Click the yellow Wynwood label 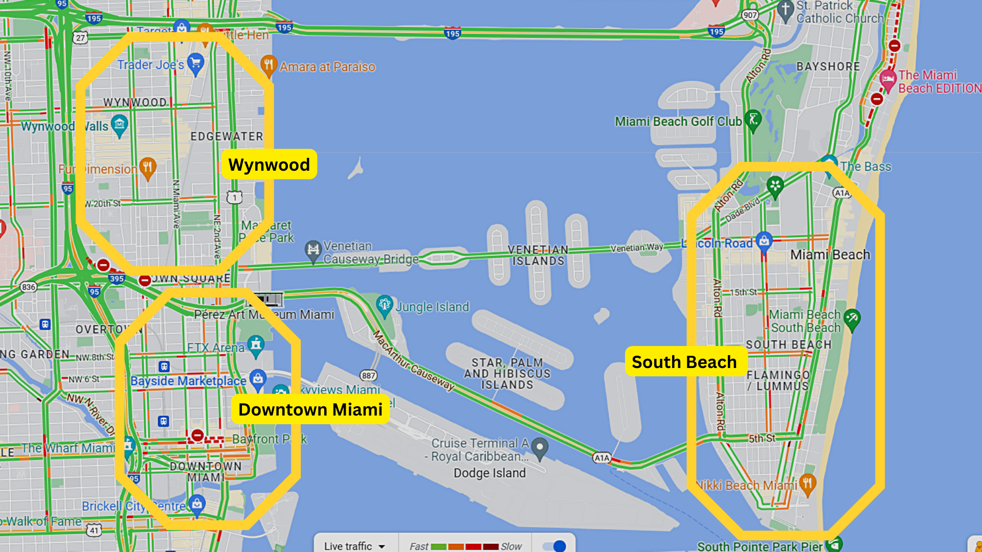(x=269, y=165)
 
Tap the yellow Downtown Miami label (x=310, y=409)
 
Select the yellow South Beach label (x=684, y=362)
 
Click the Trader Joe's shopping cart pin (x=195, y=63)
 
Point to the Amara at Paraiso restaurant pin (x=269, y=65)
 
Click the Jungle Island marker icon (x=384, y=305)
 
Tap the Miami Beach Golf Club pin (x=752, y=120)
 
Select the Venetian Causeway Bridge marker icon (x=313, y=250)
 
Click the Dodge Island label (x=489, y=473)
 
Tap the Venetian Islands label (x=538, y=255)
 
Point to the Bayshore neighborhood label (x=828, y=66)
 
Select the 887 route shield (x=368, y=376)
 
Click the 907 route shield (x=750, y=15)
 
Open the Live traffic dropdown (x=354, y=546)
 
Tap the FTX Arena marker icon (x=256, y=345)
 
